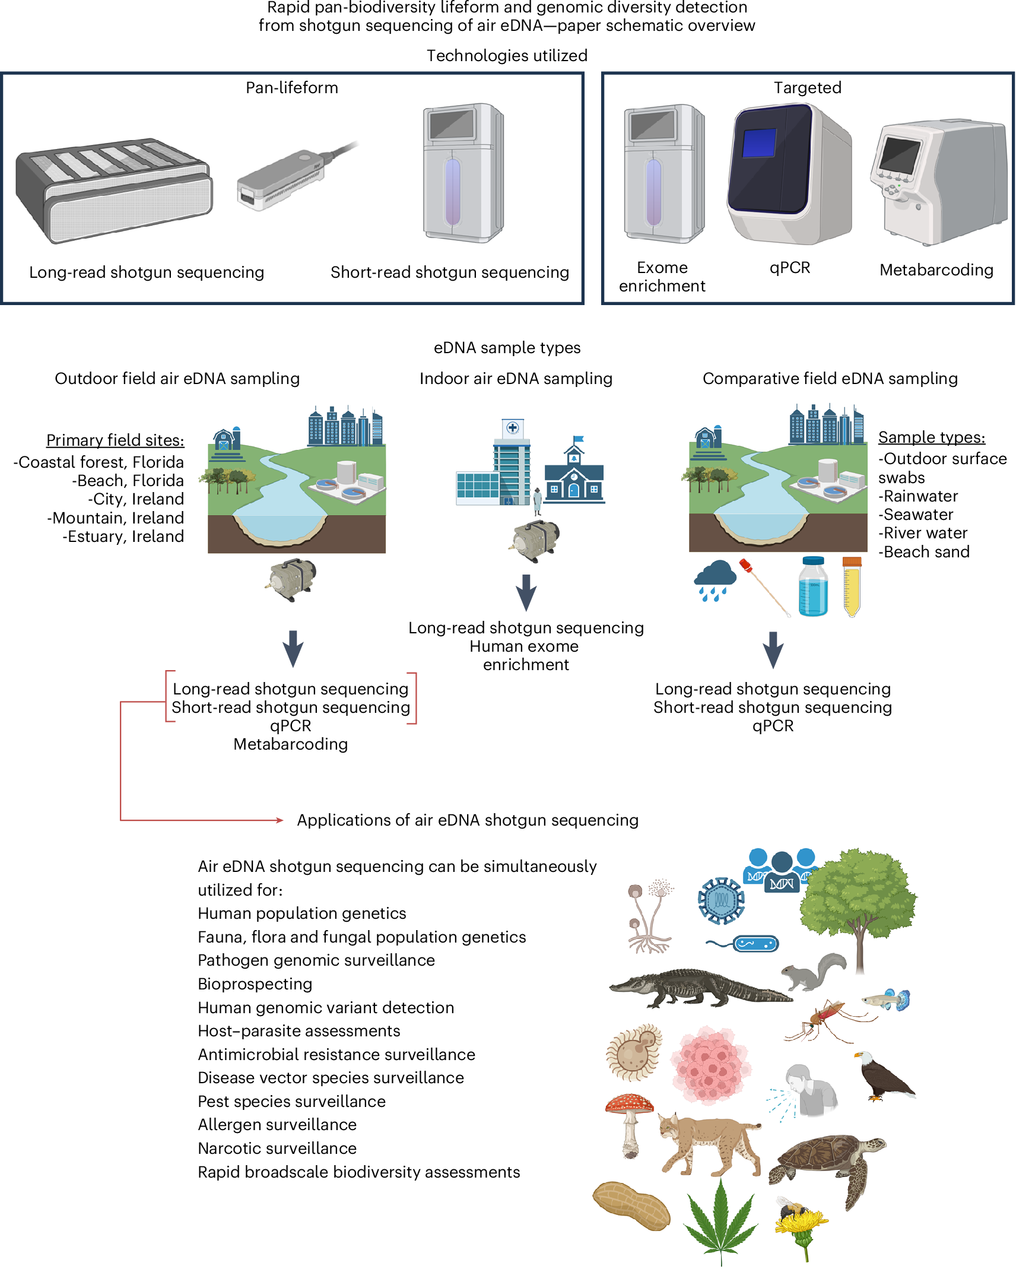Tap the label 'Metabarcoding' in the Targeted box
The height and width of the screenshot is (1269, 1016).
tap(936, 270)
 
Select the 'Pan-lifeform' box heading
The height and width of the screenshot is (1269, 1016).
tap(292, 88)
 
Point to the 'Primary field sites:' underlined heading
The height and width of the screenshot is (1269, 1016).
tap(115, 440)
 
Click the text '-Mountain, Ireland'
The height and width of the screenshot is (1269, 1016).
tap(116, 518)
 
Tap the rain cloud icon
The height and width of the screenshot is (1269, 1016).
tap(715, 579)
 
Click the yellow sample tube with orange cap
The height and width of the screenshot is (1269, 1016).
tap(852, 586)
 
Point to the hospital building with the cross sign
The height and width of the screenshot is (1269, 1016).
tap(512, 463)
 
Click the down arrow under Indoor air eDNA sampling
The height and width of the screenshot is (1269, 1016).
tap(526, 591)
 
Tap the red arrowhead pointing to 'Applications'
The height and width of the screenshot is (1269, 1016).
tap(280, 820)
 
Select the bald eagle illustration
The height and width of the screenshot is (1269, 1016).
tap(884, 1076)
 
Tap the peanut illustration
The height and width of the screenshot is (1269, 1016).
tap(631, 1205)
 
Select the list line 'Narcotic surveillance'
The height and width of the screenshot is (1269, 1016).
tap(277, 1149)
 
